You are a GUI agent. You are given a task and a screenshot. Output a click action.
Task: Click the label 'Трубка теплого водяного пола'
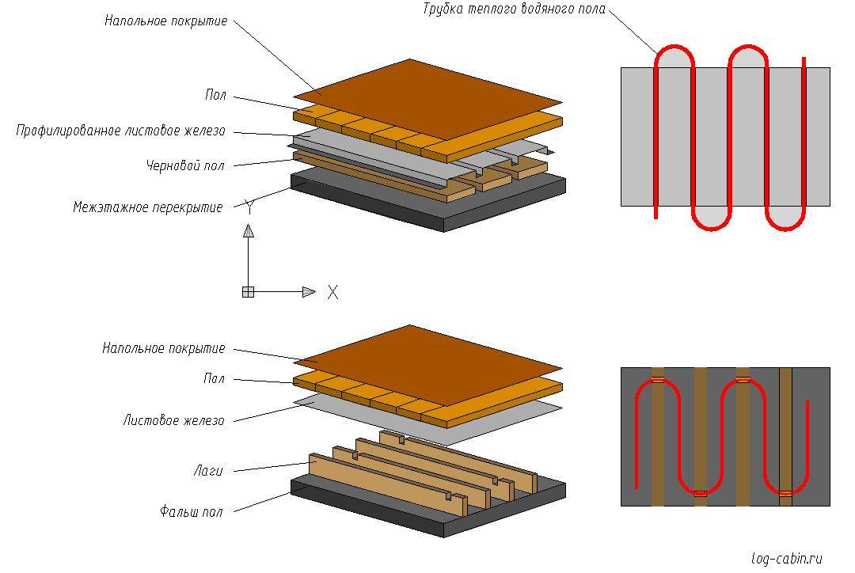(514, 10)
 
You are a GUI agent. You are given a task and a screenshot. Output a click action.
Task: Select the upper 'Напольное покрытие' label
(165, 21)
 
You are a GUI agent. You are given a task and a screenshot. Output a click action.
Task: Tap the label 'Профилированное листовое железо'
(121, 131)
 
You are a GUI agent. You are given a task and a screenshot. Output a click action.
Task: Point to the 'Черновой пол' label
(185, 166)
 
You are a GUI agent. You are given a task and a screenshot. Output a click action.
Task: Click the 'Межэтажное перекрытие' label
(148, 207)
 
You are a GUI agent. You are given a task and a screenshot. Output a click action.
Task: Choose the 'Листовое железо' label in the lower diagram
(173, 421)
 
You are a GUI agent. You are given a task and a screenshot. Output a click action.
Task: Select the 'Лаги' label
(207, 471)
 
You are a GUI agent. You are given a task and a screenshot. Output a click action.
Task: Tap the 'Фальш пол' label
(191, 512)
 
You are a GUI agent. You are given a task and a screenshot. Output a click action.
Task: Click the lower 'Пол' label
(214, 380)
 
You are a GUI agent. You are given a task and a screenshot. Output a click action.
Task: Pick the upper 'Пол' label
(215, 96)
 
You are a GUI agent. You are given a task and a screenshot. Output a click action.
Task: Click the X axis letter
(332, 292)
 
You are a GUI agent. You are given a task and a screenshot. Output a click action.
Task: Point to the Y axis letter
(249, 208)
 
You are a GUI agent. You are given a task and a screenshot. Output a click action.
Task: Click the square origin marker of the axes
(248, 292)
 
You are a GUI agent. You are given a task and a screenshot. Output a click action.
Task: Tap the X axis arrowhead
(309, 292)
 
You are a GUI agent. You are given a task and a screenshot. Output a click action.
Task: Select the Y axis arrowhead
(248, 230)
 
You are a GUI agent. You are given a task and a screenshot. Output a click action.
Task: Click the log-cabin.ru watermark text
(787, 559)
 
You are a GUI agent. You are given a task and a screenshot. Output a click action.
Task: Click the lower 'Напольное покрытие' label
(164, 348)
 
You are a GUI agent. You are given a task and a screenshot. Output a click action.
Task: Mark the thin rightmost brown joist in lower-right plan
(785, 436)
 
